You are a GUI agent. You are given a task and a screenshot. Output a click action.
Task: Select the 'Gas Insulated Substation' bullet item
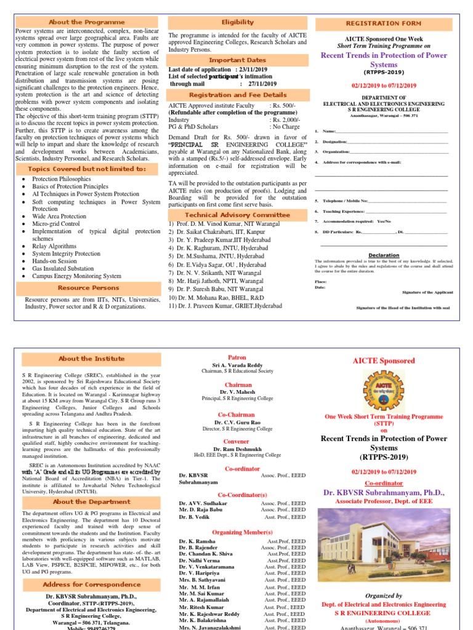[x=63, y=268]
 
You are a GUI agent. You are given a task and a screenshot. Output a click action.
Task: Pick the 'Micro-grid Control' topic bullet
[x=56, y=224]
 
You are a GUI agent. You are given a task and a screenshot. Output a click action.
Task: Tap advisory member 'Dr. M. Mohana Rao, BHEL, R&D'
[x=222, y=297]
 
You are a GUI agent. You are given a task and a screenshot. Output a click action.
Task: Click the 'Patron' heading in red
[x=237, y=357]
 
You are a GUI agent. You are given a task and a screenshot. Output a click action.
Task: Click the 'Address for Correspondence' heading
[x=83, y=584]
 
